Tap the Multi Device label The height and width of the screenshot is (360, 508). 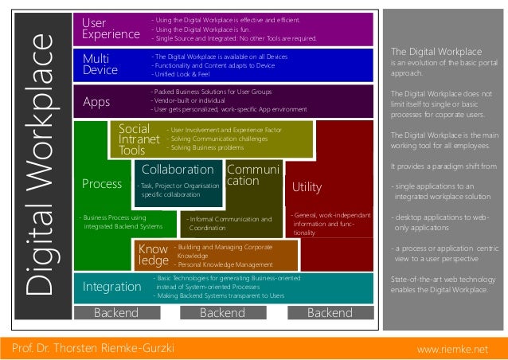100,65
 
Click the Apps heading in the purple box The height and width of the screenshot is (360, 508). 96,101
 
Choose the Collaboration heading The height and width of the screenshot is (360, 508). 178,170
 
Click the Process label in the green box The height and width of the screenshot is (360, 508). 102,184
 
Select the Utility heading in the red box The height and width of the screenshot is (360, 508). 307,187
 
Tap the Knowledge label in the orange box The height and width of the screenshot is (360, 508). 154,254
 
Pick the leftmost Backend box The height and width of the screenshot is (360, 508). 116,313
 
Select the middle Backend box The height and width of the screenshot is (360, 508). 222,313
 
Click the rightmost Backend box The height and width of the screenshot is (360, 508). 329,313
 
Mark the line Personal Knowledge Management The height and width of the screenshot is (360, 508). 225,264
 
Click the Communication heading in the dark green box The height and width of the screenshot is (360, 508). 252,175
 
